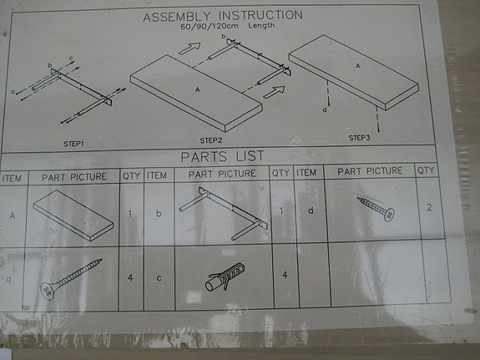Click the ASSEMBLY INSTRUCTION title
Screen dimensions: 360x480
click(223, 16)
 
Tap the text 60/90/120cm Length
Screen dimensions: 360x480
click(227, 27)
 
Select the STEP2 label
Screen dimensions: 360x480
click(210, 139)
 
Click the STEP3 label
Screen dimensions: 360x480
click(359, 137)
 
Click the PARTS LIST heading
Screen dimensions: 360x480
click(222, 156)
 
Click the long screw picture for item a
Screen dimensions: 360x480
click(70, 278)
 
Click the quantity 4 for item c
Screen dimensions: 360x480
click(284, 276)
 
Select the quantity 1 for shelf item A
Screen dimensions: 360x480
click(131, 213)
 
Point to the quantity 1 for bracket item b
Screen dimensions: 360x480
click(282, 210)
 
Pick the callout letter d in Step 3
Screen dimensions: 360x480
click(325, 109)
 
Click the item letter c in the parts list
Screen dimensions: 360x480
click(158, 277)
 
